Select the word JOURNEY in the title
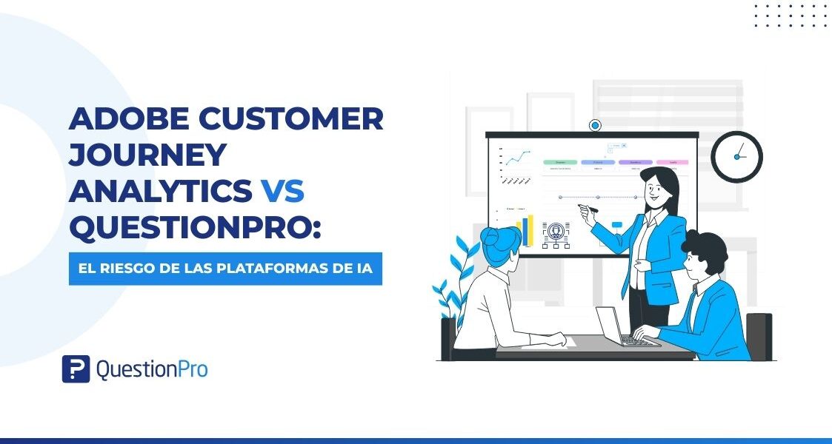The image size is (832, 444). [147, 155]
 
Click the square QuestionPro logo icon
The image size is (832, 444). [76, 369]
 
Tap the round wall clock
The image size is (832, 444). [736, 156]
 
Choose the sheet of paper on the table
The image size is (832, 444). [545, 341]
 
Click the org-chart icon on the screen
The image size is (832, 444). [556, 234]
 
